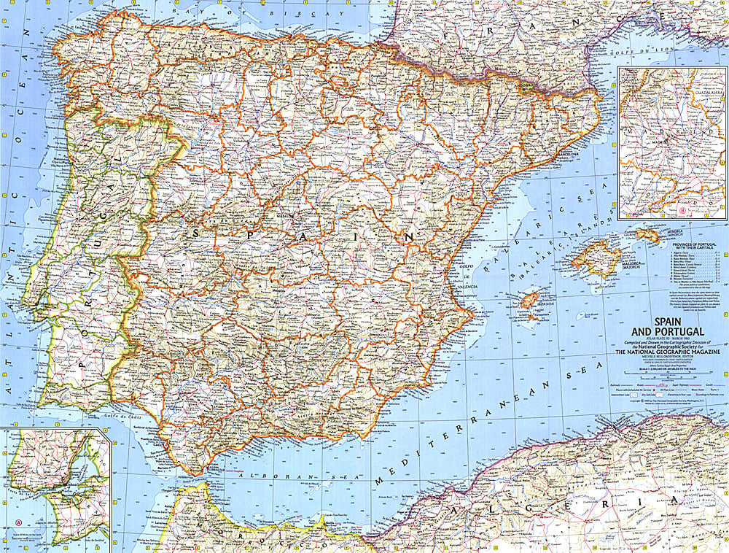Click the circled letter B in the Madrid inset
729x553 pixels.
pos(682,212)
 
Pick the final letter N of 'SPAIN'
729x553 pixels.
pos(410,237)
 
